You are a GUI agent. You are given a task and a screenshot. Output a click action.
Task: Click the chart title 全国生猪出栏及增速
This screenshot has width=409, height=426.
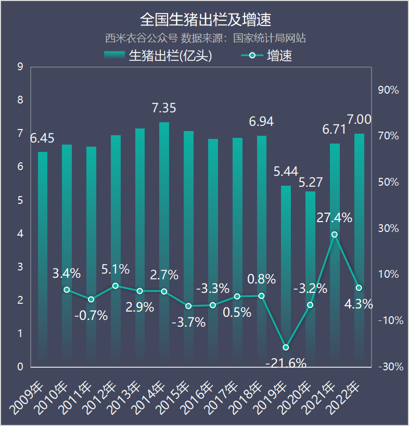[205, 20]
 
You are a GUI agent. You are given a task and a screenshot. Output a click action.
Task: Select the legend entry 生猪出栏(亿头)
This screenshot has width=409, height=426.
[158, 56]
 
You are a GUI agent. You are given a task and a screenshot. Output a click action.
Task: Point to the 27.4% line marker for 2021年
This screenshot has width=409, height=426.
[335, 235]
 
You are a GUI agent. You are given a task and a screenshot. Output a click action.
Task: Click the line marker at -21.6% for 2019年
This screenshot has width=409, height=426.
[286, 347]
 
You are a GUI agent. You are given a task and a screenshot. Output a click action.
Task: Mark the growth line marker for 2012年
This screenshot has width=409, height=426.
[116, 286]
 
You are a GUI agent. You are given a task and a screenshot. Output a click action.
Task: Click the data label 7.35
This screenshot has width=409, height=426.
[164, 108]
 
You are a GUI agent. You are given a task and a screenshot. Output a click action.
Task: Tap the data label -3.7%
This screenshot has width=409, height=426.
[188, 322]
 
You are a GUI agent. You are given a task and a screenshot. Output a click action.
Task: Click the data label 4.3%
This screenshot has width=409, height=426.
[359, 304]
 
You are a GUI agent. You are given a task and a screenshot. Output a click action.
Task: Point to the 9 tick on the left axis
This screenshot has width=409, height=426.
[20, 67]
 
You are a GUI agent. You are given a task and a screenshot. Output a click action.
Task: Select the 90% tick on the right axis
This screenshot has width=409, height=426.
[388, 90]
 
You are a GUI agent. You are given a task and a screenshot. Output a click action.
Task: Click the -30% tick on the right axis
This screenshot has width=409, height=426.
[390, 367]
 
